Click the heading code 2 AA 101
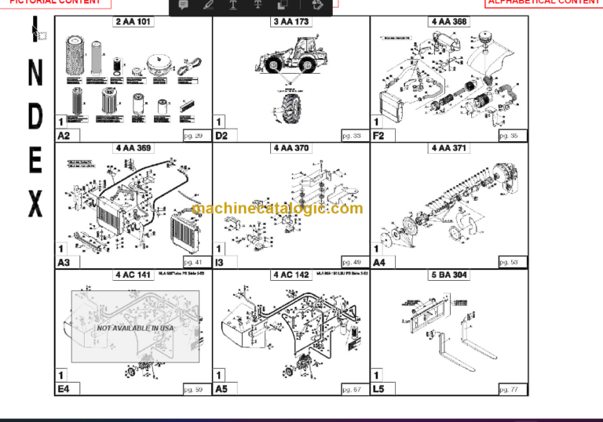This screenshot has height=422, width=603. click(133, 22)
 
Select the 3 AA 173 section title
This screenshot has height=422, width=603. click(291, 22)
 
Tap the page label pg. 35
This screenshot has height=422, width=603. click(508, 136)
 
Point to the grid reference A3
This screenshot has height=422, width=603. click(64, 262)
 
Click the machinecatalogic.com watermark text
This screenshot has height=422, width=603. click(277, 209)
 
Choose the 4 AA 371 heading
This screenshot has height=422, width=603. click(449, 148)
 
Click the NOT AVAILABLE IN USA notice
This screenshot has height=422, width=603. click(135, 327)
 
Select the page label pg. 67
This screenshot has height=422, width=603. click(351, 389)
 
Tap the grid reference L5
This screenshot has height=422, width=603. click(379, 388)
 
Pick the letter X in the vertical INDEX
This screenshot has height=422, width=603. click(35, 205)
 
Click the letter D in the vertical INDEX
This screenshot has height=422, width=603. click(35, 115)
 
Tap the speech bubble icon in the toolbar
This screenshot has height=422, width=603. click(183, 5)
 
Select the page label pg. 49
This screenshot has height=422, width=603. click(351, 262)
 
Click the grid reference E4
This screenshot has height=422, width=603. click(64, 388)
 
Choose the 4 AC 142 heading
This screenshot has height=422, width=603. click(291, 275)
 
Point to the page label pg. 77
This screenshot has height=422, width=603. click(508, 389)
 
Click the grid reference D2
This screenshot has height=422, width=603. click(222, 136)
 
